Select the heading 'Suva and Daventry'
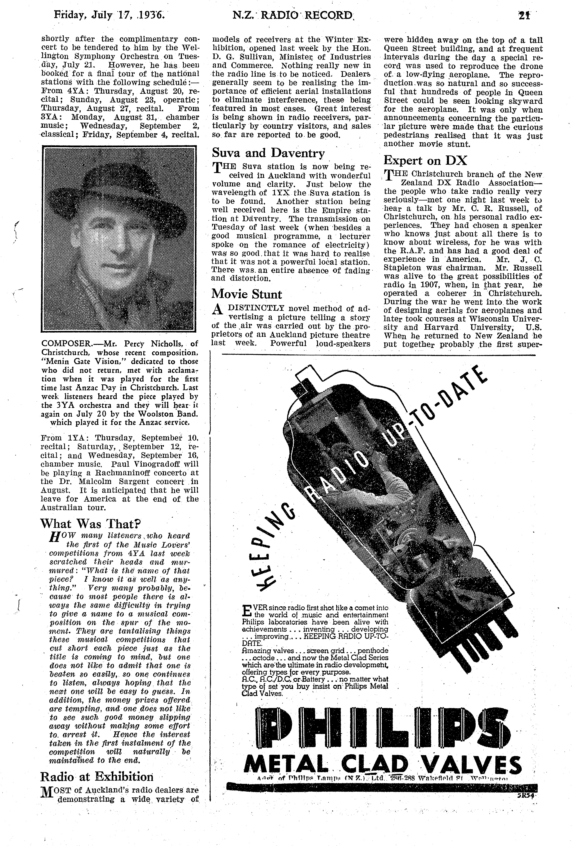click(x=268, y=153)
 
